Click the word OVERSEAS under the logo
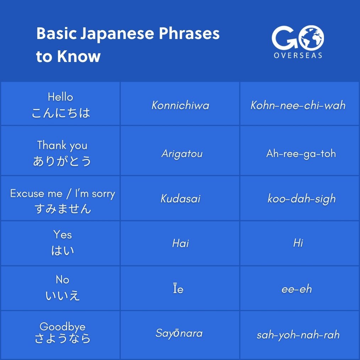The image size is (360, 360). coord(298,55)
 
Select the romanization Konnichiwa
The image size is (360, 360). coord(180,105)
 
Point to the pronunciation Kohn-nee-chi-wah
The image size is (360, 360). coord(298,105)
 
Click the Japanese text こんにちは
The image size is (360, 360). coord(61,113)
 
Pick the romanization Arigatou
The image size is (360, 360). coord(182,154)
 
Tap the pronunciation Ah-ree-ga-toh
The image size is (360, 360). coord(301,154)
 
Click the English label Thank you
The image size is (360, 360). coord(62,145)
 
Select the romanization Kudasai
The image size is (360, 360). coord(180,198)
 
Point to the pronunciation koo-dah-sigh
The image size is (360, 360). coord(301,198)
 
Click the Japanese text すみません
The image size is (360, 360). coord(63,208)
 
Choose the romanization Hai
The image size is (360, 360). coord(180,243)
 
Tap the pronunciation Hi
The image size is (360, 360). coord(298,243)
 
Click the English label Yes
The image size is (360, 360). coord(62,235)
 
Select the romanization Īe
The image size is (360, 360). coord(178,289)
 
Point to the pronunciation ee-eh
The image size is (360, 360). coord(296,289)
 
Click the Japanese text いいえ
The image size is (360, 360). coord(63,295)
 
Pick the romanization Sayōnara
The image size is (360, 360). coord(179,333)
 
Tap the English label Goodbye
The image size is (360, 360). coord(62,326)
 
